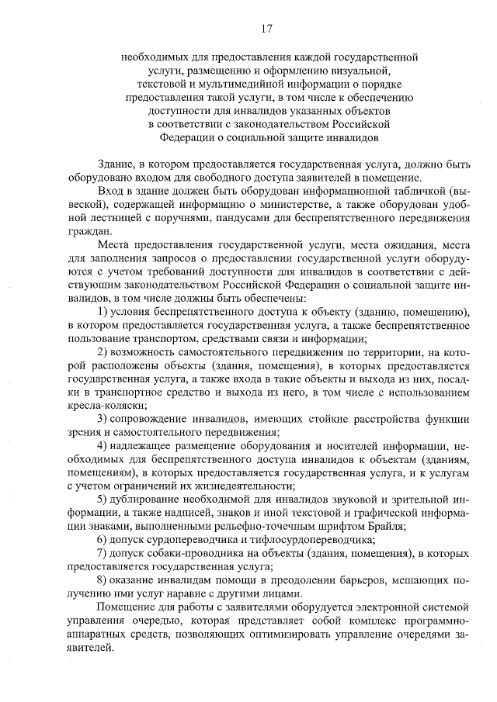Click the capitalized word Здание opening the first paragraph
(x=117, y=164)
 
